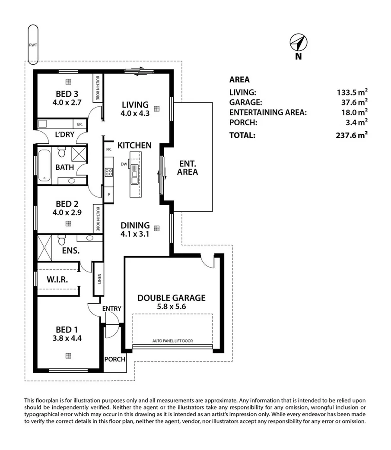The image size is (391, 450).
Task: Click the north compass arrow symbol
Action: [298, 43]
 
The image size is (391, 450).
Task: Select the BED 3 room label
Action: [67, 94]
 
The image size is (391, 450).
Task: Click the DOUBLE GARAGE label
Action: [172, 298]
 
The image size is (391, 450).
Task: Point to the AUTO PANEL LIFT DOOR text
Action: [172, 341]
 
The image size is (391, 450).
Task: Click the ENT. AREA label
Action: [188, 168]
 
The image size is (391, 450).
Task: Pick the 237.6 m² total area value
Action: [352, 135]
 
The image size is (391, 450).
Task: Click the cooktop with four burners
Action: [108, 172]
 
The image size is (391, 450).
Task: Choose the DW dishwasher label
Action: [124, 164]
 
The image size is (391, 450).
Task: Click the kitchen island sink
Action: [134, 175]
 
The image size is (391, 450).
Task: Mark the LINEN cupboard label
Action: [99, 280]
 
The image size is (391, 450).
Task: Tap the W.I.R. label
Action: [57, 279]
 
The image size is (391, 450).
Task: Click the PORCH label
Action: [114, 359]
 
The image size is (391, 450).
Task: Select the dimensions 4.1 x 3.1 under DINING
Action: [135, 234]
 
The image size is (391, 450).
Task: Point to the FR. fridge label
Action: [108, 150]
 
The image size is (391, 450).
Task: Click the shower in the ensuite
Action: [45, 247]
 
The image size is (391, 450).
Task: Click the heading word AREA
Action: [239, 79]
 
